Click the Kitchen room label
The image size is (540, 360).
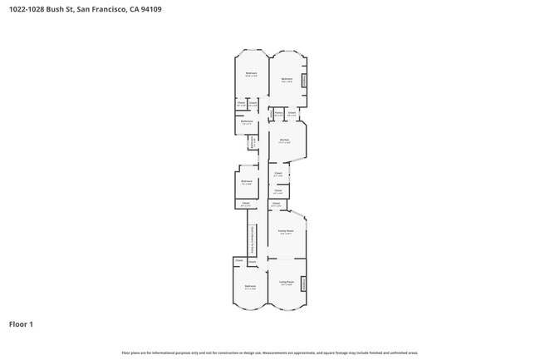point(284,141)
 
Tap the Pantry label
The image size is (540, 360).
point(278,113)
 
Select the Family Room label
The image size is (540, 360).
point(285,232)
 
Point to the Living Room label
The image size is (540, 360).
point(286,283)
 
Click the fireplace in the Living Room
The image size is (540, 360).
point(303,284)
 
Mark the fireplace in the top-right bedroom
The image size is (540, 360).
point(304,80)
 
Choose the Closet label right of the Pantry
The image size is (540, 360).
point(292,113)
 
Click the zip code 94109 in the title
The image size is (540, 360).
point(163,9)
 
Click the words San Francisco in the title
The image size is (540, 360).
point(105,9)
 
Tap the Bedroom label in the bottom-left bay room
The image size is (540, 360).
point(250,287)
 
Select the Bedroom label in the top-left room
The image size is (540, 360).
point(251,75)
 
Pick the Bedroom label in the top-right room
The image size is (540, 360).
point(287,80)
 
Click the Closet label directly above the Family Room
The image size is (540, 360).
point(277,203)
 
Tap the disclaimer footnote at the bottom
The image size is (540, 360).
point(269,353)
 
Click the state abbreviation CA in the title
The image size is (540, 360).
point(145,9)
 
